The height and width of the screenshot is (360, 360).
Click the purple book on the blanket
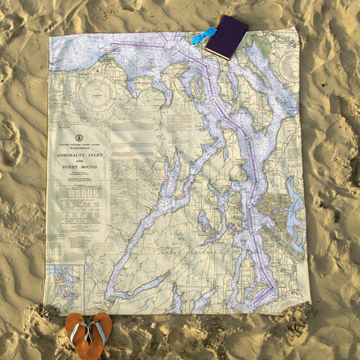pyautogui.click(x=228, y=37)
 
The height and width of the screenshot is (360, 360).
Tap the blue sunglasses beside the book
pyautogui.click(x=204, y=37)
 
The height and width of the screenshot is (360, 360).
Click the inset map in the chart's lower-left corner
pyautogui.click(x=63, y=284)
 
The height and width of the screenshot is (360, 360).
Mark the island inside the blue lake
pyautogui.click(x=294, y=216)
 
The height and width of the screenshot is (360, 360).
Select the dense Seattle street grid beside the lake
pyautogui.click(x=274, y=209)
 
